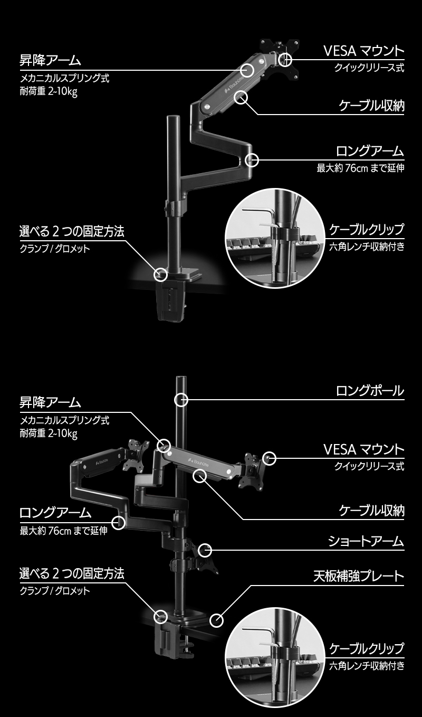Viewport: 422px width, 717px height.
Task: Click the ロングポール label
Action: (x=370, y=391)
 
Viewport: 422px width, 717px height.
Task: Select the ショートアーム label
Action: (x=366, y=541)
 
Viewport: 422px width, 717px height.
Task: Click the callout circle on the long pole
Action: (x=181, y=400)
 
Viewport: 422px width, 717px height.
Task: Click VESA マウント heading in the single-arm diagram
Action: (x=363, y=51)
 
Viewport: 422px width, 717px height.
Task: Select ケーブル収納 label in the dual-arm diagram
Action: (x=371, y=511)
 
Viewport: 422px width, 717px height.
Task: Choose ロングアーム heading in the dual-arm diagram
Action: (x=55, y=513)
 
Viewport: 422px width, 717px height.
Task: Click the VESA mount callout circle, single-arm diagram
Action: (x=285, y=59)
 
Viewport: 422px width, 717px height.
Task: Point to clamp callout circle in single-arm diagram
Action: (x=160, y=275)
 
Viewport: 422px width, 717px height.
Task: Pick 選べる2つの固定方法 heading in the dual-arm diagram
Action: (x=72, y=573)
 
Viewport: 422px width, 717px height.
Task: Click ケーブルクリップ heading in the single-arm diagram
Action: (x=367, y=230)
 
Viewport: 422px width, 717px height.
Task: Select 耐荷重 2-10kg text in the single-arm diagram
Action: (x=49, y=90)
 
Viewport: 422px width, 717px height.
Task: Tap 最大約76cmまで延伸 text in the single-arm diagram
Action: (x=360, y=169)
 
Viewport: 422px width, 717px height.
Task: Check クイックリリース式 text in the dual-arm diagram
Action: (x=369, y=466)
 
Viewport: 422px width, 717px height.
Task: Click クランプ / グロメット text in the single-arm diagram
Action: (x=54, y=249)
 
